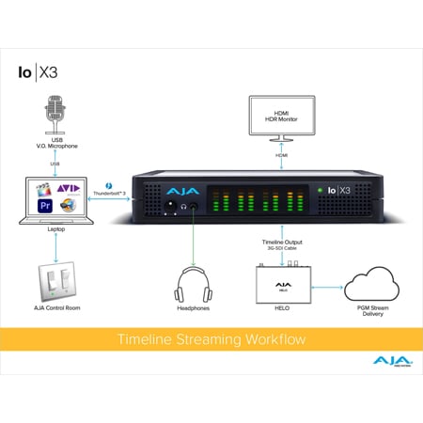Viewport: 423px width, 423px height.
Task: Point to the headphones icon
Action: [x=194, y=282]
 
